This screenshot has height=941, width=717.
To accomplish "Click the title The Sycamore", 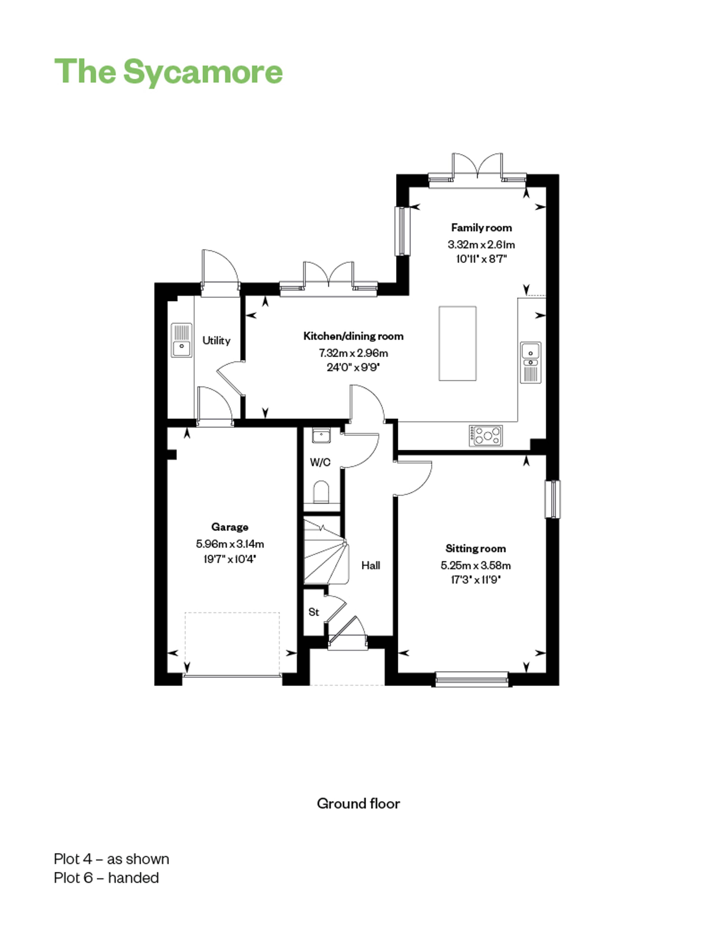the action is [x=169, y=72].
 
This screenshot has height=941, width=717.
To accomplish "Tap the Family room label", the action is [x=481, y=228].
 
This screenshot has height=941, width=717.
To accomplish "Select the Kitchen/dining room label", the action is [x=353, y=336].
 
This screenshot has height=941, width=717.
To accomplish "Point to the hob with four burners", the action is [x=486, y=436].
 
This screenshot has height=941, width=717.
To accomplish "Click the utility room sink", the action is [x=182, y=340].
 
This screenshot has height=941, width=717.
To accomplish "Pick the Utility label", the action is [x=217, y=341].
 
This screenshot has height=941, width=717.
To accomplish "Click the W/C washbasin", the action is [x=321, y=436].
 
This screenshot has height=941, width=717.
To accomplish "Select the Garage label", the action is [x=230, y=527].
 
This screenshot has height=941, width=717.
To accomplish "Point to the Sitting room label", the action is [x=476, y=548].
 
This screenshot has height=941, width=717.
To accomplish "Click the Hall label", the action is [x=371, y=565].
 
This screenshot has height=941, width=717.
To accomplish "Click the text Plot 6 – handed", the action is [x=106, y=878].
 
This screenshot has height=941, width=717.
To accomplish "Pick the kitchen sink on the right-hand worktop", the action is [x=530, y=362].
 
